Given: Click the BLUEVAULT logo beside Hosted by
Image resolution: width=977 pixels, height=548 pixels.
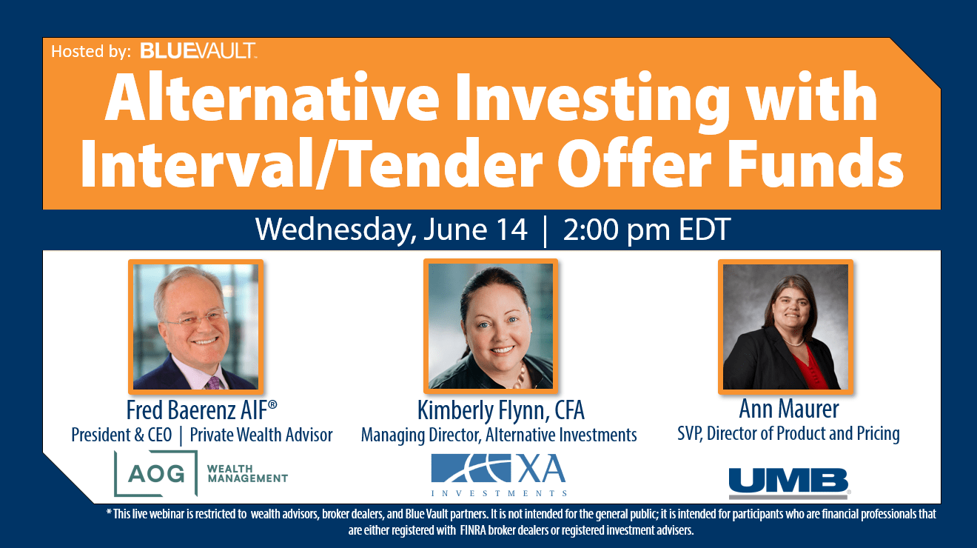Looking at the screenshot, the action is [x=198, y=50].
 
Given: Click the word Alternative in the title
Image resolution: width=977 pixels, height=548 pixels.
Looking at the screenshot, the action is [x=272, y=98].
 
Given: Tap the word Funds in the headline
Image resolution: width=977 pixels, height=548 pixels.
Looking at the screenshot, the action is [x=815, y=163].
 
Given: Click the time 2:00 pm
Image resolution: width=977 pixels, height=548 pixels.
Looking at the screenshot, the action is [x=617, y=230].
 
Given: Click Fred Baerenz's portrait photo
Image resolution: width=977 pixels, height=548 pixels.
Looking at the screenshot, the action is [x=196, y=327].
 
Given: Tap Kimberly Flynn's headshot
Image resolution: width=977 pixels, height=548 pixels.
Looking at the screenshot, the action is [x=491, y=326].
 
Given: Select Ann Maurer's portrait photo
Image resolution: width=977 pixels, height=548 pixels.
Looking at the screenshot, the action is [x=785, y=327].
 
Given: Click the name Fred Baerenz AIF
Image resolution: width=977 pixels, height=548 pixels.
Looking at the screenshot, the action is [x=201, y=410].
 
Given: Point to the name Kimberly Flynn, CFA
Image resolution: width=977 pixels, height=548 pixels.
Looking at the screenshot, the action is [x=500, y=410].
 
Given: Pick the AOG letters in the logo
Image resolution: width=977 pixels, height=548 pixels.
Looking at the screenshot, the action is [x=156, y=473].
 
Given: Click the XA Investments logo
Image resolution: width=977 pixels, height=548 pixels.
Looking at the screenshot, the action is [x=499, y=475].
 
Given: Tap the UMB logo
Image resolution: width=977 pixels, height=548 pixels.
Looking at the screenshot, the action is [x=789, y=483].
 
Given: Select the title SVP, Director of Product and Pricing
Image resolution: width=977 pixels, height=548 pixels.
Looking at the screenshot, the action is [x=788, y=434].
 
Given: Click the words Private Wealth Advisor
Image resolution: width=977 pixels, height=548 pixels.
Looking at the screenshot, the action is [x=261, y=435].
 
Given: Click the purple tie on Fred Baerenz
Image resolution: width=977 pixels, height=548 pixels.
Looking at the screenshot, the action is [x=214, y=383].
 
